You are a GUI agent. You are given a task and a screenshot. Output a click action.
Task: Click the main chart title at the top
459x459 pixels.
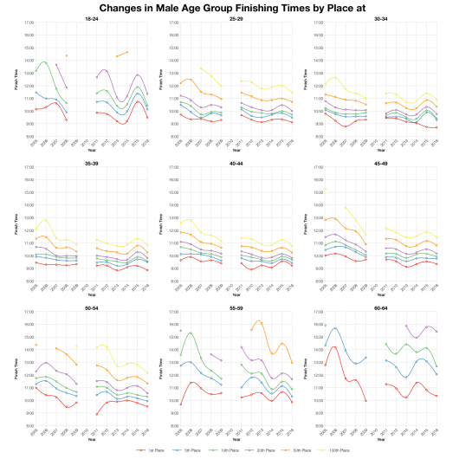tap(229, 7)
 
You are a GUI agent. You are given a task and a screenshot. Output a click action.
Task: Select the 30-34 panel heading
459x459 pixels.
tap(384, 17)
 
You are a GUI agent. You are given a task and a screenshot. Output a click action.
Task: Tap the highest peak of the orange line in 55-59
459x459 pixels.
tap(259, 321)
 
